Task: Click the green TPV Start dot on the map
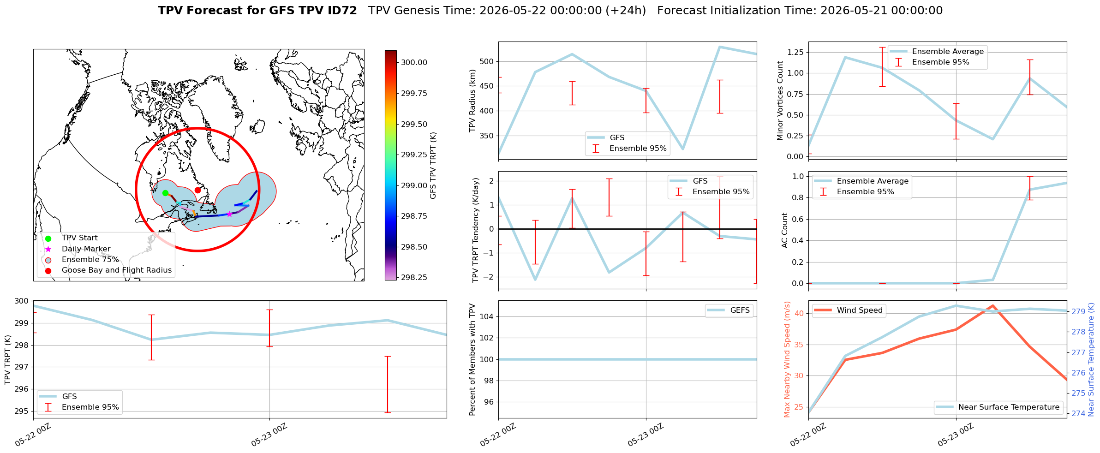click(x=165, y=193)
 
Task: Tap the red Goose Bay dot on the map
click(x=197, y=190)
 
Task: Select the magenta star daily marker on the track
click(x=229, y=214)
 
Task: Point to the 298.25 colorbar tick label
click(x=414, y=278)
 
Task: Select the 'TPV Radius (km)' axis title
click(x=472, y=101)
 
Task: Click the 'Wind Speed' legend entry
click(x=849, y=310)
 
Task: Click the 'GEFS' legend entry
click(x=730, y=310)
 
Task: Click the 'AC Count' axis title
click(x=784, y=230)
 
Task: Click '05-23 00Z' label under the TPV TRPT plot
click(x=269, y=435)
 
